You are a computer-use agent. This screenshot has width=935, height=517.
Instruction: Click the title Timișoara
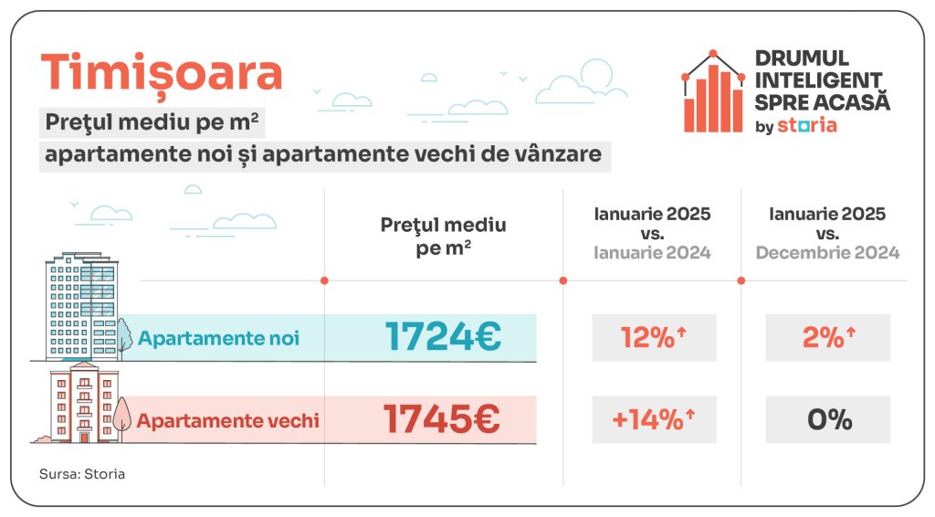[162, 72]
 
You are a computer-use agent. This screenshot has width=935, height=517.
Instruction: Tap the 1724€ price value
[443, 337]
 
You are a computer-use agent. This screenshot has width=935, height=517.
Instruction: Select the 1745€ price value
[442, 420]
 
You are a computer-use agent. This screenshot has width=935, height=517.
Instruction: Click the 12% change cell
[653, 338]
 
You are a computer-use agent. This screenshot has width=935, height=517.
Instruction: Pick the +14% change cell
[653, 420]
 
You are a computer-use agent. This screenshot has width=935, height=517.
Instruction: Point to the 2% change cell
[827, 338]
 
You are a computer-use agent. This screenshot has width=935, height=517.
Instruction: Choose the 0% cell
[828, 420]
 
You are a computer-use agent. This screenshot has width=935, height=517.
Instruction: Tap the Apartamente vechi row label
[228, 421]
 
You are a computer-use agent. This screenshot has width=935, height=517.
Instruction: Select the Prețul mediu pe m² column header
[443, 237]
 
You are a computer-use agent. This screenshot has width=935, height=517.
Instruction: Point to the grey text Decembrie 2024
[827, 253]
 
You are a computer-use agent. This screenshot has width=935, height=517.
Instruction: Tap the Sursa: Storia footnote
[82, 474]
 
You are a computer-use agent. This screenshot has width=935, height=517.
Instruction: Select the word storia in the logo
[806, 125]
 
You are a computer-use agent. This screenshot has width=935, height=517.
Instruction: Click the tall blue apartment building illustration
[82, 307]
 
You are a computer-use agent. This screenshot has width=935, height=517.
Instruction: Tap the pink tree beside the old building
[121, 416]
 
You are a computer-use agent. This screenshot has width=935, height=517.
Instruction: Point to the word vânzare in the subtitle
[558, 153]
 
